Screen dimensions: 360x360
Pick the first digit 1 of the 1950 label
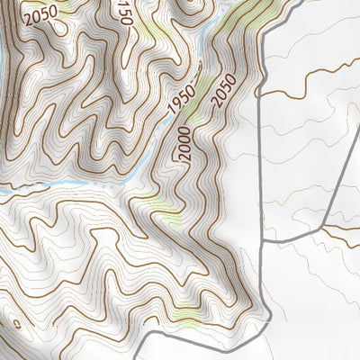[x=171, y=114]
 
